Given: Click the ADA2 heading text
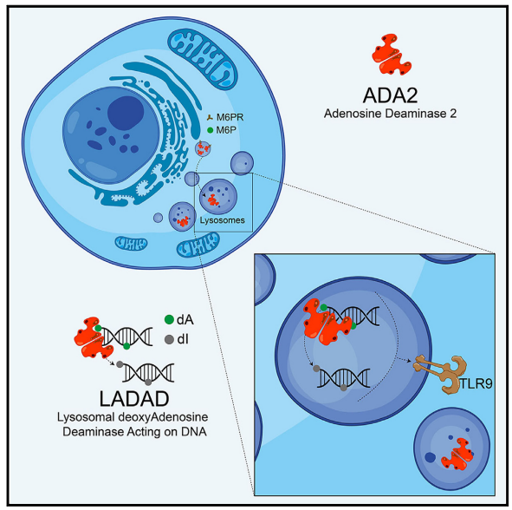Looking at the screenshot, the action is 390,95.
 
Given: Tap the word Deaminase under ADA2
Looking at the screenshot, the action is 413,114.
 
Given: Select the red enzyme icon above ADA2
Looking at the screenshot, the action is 392,55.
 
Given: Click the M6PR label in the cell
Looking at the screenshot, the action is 230,117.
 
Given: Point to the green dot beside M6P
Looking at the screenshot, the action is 211,130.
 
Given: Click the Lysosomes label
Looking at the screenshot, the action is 222,220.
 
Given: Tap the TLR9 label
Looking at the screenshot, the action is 476,383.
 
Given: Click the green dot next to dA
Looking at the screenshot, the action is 169,319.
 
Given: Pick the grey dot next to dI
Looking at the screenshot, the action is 169,339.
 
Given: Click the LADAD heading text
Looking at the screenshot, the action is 134,398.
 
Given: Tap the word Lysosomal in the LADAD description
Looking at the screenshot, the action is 86,417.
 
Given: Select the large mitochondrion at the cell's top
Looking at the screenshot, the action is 203,59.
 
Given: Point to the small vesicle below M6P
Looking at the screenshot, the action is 203,149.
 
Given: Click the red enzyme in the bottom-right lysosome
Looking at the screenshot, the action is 457,454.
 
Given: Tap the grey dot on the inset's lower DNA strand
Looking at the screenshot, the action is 344,388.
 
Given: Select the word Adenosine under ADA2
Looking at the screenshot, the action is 353,114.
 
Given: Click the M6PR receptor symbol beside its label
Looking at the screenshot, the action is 210,117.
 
